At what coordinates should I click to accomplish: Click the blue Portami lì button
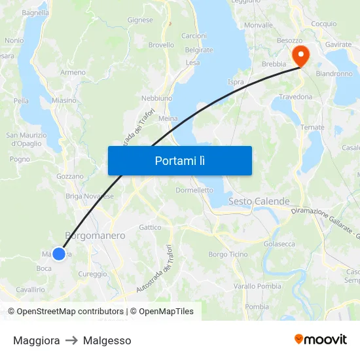(179, 160)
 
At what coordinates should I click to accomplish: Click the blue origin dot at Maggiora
(59, 253)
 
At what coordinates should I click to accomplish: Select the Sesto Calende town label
(259, 202)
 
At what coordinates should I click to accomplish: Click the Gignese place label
(140, 20)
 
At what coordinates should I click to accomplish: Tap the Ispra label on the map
(236, 82)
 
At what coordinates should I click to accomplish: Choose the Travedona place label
(296, 97)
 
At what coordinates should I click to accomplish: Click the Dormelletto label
(194, 190)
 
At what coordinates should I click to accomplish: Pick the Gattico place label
(150, 227)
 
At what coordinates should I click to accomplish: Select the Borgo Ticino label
(228, 254)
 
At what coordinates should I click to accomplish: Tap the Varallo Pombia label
(257, 286)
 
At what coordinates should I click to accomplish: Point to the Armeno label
(73, 73)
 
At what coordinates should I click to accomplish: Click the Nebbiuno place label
(157, 98)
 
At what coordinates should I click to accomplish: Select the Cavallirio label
(30, 289)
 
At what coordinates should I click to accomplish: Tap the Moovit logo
(320, 340)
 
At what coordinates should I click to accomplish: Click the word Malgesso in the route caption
(107, 340)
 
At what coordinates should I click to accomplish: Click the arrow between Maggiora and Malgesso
(71, 340)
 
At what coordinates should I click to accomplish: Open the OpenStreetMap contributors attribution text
(70, 312)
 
